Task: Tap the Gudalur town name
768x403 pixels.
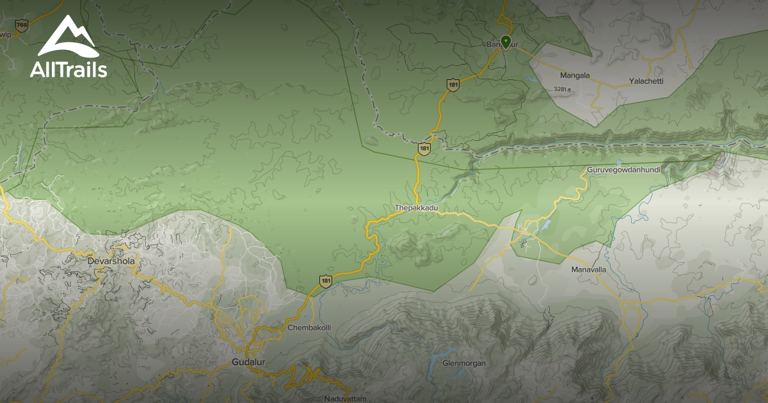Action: [248, 363]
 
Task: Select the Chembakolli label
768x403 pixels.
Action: [309, 328]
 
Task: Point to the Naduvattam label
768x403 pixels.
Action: [345, 399]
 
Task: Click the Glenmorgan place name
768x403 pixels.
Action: [464, 363]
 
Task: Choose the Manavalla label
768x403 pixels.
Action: [588, 270]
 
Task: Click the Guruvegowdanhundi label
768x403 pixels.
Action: [623, 170]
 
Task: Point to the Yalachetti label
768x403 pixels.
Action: [646, 81]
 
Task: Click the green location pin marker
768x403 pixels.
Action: [506, 42]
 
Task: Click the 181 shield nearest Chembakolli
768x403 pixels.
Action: [326, 281]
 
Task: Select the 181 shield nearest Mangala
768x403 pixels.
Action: [453, 84]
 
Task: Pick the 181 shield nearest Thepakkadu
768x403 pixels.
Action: [424, 148]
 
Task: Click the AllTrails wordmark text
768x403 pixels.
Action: [68, 70]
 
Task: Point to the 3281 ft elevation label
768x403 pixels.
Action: [561, 90]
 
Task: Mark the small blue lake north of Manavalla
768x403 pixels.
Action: [545, 225]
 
